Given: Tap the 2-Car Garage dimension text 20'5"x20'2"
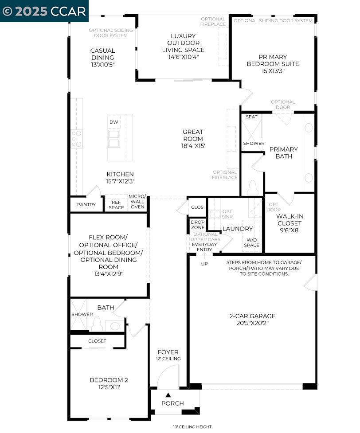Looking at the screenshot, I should point(252,323).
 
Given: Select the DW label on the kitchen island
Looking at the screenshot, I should point(114,122).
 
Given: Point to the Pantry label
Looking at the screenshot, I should point(86,205).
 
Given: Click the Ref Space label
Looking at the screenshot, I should point(117,205).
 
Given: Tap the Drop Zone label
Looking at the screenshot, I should point(198,225).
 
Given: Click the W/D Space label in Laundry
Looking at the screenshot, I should point(251,242).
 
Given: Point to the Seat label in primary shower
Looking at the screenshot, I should point(251,117).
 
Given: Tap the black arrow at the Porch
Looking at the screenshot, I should point(168,394).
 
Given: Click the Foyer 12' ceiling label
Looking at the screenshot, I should point(168,359).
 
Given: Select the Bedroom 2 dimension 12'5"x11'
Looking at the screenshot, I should point(109,387).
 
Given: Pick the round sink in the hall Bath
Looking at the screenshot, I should point(115,326).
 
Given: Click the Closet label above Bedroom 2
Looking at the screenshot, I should point(97,341).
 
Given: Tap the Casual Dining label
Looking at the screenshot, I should point(102,54).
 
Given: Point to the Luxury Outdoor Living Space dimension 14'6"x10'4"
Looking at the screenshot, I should point(183,57).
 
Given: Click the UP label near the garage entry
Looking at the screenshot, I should point(204,264).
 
